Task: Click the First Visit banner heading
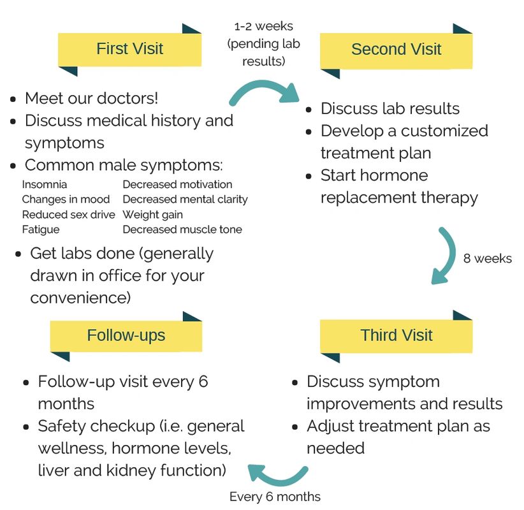(x=129, y=49)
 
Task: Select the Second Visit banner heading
(x=396, y=50)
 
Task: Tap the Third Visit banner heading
(x=396, y=335)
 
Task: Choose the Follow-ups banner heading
(x=126, y=335)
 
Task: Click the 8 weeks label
(x=487, y=259)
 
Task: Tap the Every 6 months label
(x=275, y=497)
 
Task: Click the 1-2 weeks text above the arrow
(x=263, y=27)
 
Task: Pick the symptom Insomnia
(x=45, y=185)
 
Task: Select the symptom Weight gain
(x=152, y=215)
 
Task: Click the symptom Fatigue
(x=41, y=229)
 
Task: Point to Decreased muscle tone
(x=182, y=229)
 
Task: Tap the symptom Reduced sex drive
(x=68, y=215)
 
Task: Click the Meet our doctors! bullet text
(x=91, y=99)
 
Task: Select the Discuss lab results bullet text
(x=390, y=108)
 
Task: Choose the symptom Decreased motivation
(x=177, y=185)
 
